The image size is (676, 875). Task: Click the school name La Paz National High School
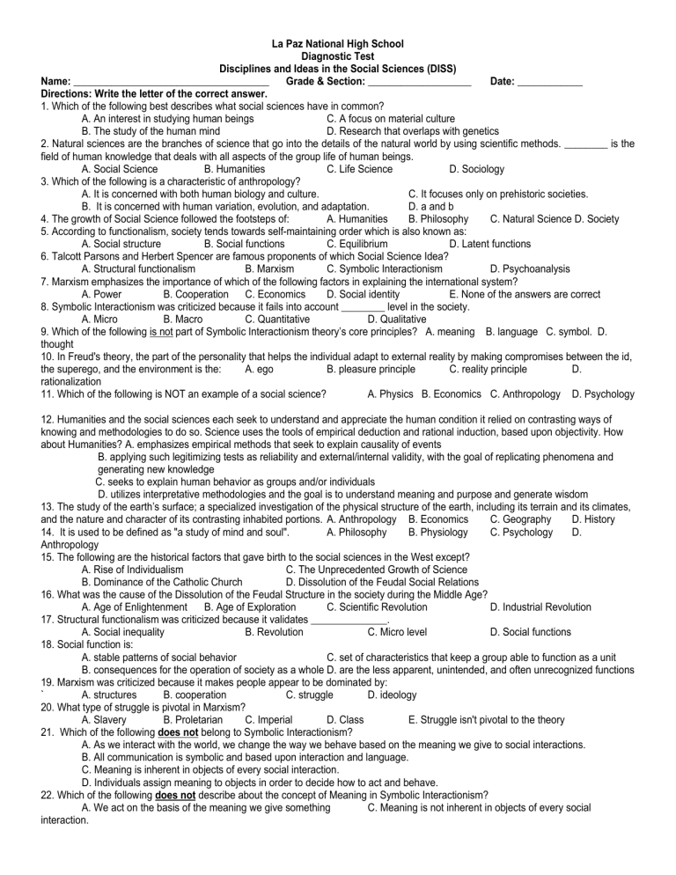[338, 43]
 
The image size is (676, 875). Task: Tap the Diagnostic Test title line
[338, 55]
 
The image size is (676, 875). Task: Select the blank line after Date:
[549, 83]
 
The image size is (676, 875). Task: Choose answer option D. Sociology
[476, 169]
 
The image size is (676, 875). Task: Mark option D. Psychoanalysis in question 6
[529, 268]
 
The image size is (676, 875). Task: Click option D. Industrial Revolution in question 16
[540, 607]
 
